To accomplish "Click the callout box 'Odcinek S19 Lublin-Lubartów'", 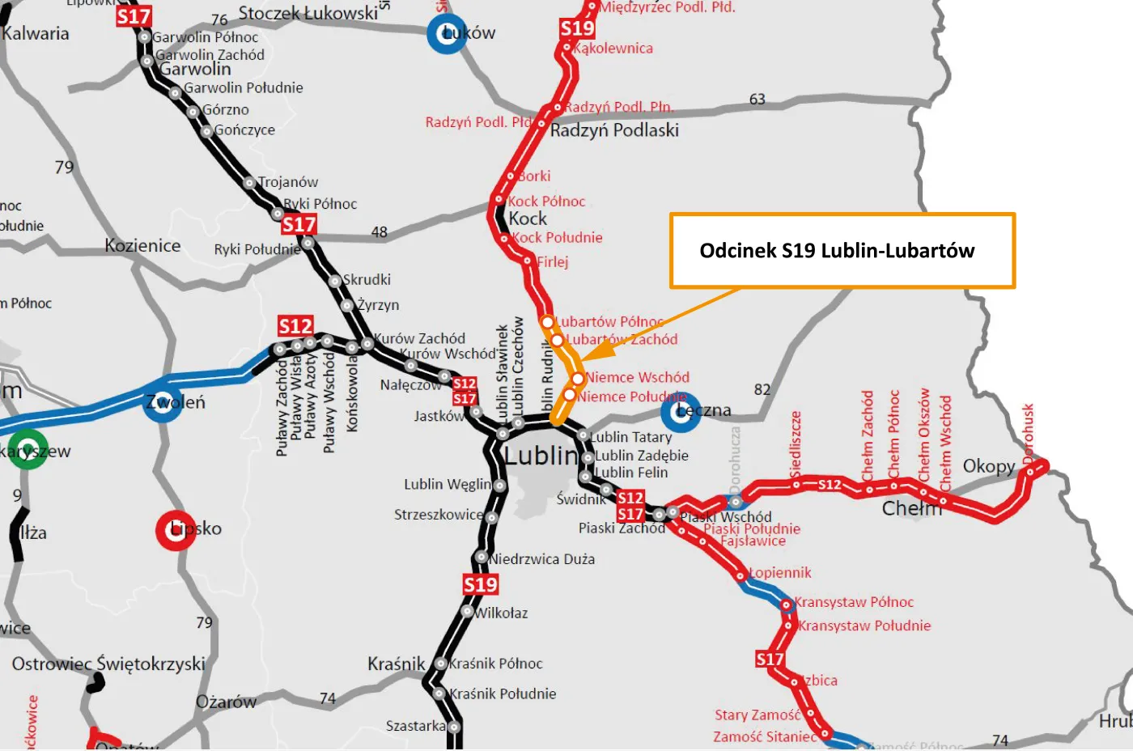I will click(x=842, y=251).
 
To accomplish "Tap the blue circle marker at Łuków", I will click(x=447, y=34).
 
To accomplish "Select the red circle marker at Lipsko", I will click(x=176, y=530).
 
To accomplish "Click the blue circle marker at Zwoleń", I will click(x=163, y=402).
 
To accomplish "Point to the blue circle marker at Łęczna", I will click(x=681, y=412).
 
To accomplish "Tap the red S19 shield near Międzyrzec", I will click(x=577, y=28).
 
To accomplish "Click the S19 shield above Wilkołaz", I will click(x=480, y=584).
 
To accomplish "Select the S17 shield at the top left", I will click(x=134, y=17).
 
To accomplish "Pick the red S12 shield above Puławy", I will click(x=295, y=326).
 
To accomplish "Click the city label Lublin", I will click(x=541, y=456).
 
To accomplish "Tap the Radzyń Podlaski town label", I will click(x=614, y=130).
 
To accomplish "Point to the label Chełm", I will click(x=912, y=508).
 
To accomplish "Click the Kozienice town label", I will click(x=142, y=245).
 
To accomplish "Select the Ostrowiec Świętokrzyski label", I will click(x=108, y=664).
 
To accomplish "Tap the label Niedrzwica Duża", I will click(x=542, y=559).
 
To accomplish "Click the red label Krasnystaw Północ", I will click(x=854, y=602).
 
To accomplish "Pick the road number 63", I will click(x=757, y=100).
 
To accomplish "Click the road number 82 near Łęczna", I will click(x=762, y=389).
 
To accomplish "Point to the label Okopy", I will click(x=988, y=466).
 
